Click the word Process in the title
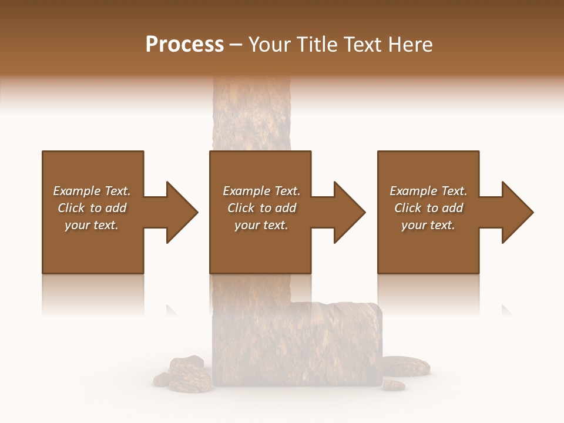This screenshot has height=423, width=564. pos(184,45)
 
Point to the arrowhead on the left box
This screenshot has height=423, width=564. pos(180,212)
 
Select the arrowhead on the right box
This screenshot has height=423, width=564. pos(516,212)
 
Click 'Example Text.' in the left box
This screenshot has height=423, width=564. pos(92,191)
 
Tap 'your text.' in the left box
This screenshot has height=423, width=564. pos(92,225)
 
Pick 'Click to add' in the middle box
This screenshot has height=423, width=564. pos(261,208)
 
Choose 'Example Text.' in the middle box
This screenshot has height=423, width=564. pos(261,191)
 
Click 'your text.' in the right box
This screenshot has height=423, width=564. pos(428,225)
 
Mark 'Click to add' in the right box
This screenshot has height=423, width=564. pos(428,208)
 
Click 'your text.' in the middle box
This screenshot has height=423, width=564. pos(261,225)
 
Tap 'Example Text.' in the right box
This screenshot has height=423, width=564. pos(428,191)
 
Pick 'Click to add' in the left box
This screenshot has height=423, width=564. pos(92,208)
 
